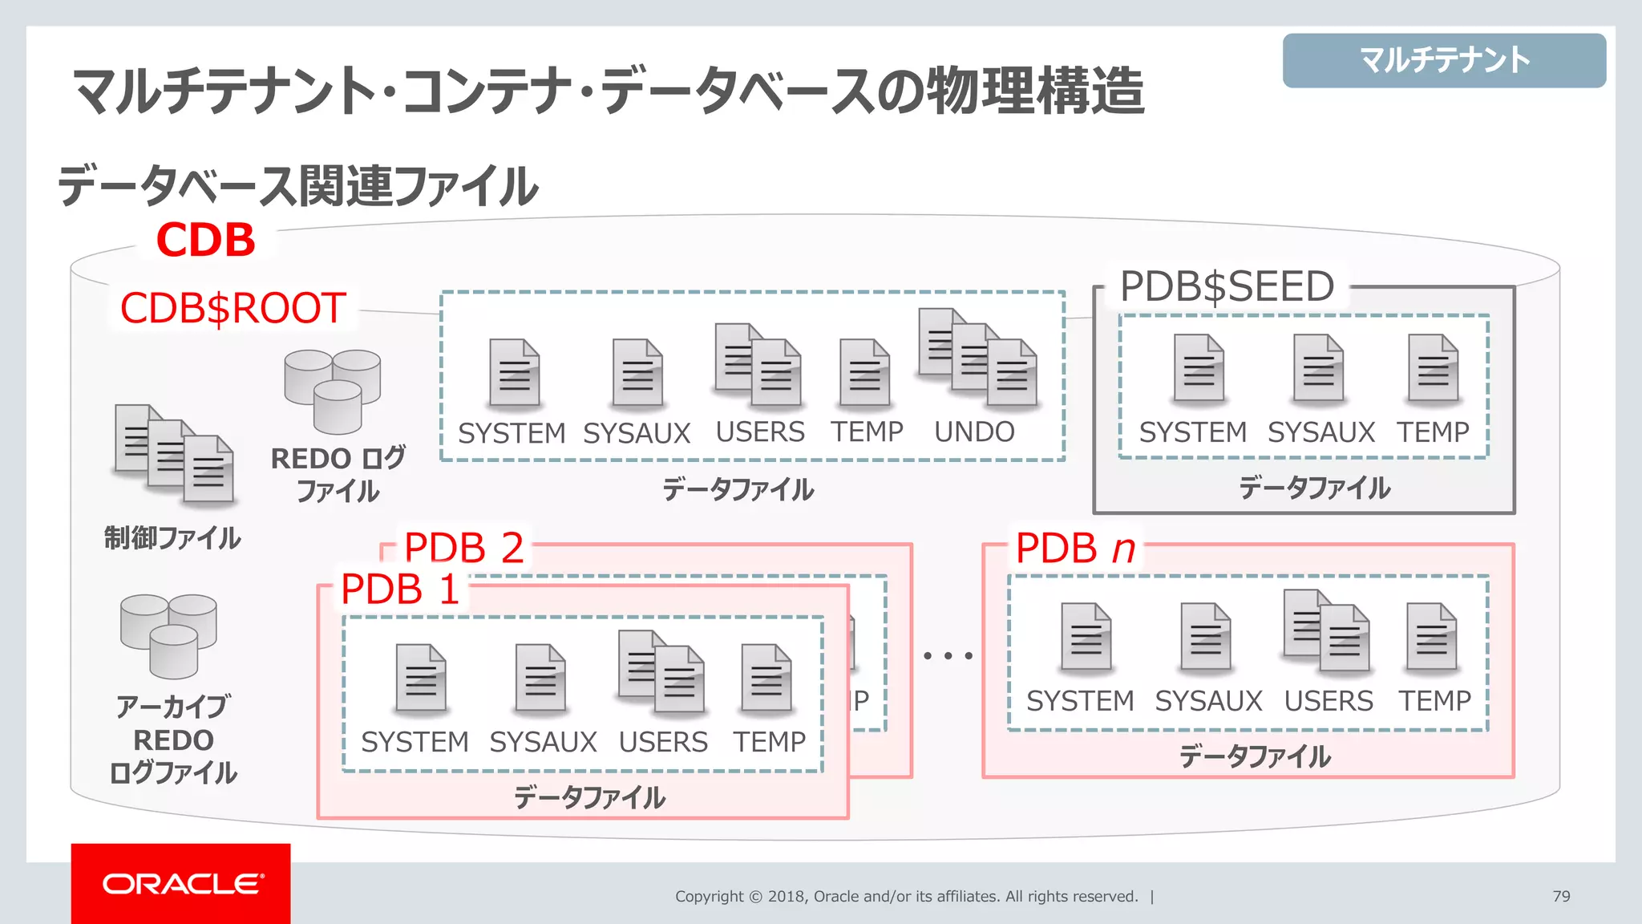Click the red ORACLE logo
pyautogui.click(x=181, y=884)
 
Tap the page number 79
pyautogui.click(x=1561, y=896)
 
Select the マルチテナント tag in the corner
pyautogui.click(x=1444, y=60)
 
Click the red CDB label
pyautogui.click(x=205, y=240)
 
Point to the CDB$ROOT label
pyautogui.click(x=233, y=308)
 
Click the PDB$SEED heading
pyautogui.click(x=1227, y=286)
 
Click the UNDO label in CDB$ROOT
pyautogui.click(x=974, y=432)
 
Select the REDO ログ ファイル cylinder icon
pyautogui.click(x=333, y=390)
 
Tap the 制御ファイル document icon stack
pyautogui.click(x=174, y=454)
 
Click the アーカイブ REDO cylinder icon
pyautogui.click(x=168, y=634)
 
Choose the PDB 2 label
pyautogui.click(x=463, y=548)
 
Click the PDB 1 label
pyautogui.click(x=399, y=589)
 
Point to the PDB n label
pyautogui.click(x=1075, y=549)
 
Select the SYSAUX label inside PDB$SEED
pyautogui.click(x=1320, y=432)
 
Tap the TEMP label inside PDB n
pyautogui.click(x=1434, y=700)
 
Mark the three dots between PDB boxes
pyautogui.click(x=948, y=655)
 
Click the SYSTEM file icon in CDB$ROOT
pyautogui.click(x=514, y=373)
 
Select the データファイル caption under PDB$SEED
pyautogui.click(x=1314, y=488)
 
